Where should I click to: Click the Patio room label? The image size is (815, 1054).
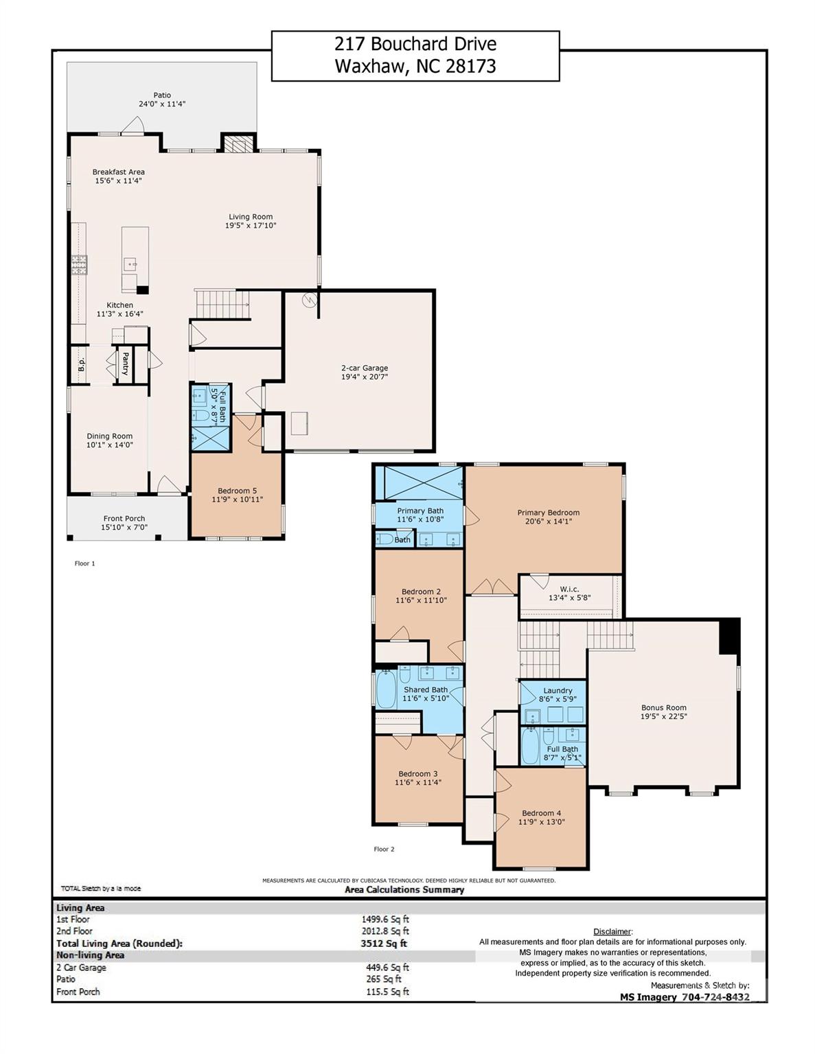click(x=162, y=95)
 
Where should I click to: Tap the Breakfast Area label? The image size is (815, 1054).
click(x=119, y=172)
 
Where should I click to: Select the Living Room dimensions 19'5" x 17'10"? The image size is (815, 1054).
click(x=251, y=226)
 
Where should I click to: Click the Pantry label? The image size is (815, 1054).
click(x=126, y=364)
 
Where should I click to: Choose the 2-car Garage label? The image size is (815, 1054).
click(x=365, y=368)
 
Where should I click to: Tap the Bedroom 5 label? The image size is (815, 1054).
click(x=237, y=491)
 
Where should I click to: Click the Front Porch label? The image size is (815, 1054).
click(x=124, y=519)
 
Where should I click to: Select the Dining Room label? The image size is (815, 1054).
click(x=110, y=436)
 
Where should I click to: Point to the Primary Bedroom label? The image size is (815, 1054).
click(x=548, y=513)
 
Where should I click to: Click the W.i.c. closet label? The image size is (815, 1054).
click(x=569, y=589)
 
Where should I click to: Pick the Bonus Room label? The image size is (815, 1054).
click(x=663, y=707)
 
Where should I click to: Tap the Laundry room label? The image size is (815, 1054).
click(x=558, y=691)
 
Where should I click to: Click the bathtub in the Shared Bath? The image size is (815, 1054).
click(x=387, y=690)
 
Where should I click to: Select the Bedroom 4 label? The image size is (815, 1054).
click(x=541, y=813)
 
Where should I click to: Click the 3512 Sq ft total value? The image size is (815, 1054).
click(x=384, y=944)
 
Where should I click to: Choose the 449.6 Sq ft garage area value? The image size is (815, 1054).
click(x=387, y=968)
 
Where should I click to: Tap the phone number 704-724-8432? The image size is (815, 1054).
click(x=714, y=997)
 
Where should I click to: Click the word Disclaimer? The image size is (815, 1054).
click(x=612, y=931)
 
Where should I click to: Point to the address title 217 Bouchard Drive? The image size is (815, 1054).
click(x=415, y=45)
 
